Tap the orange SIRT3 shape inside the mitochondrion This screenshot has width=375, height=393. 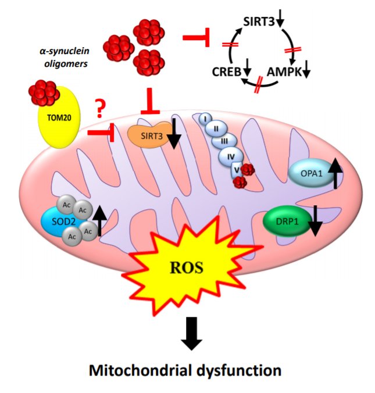(147, 135)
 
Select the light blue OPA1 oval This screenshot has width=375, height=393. (310, 173)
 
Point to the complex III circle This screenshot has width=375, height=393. (222, 141)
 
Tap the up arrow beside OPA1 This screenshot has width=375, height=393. (335, 173)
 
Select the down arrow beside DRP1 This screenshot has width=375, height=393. (314, 221)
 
